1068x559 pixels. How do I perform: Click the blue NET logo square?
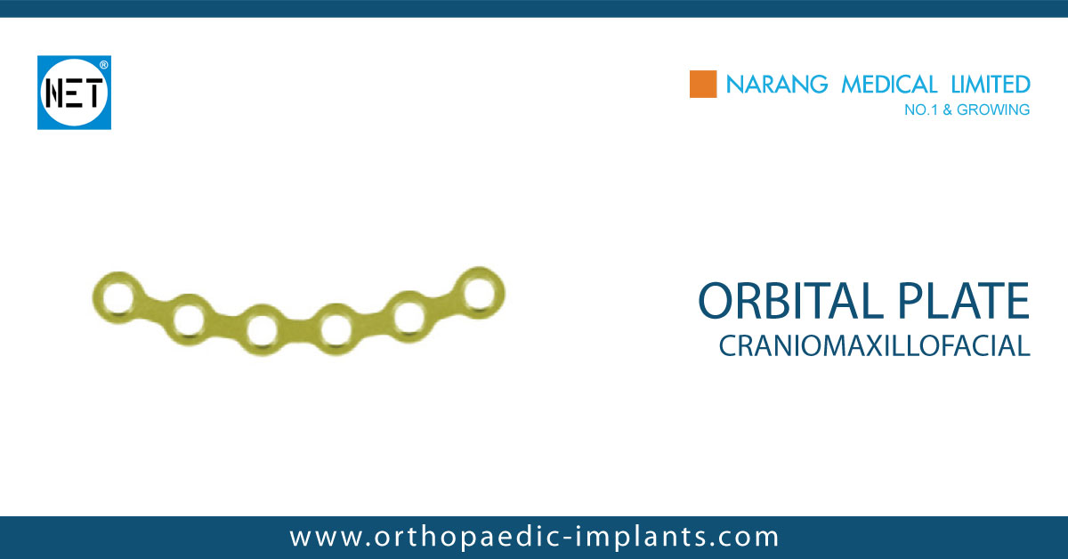pos(74,93)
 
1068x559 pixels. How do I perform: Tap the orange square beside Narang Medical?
pos(703,85)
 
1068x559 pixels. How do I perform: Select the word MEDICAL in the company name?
pos(882,85)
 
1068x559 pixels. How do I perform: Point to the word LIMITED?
pos(989,85)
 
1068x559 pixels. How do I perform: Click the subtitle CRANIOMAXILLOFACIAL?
pos(874,345)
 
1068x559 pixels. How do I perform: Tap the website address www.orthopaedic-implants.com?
pos(534,537)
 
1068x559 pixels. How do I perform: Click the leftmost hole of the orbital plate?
pos(116,295)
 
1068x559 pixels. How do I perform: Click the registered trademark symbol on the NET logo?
pos(103,66)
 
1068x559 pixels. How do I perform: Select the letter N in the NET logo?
pos(55,93)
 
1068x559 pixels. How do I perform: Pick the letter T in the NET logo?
pos(93,93)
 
